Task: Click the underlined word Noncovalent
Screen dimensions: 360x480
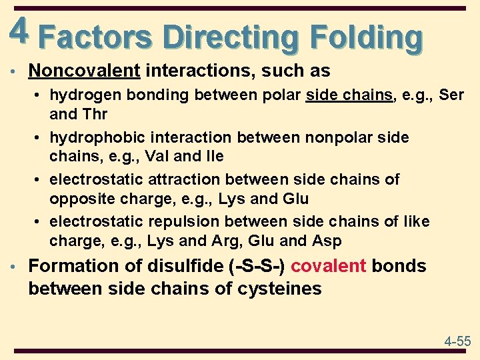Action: pyautogui.click(x=85, y=71)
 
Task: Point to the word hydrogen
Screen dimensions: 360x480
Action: pyautogui.click(x=81, y=95)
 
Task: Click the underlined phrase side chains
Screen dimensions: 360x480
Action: pyautogui.click(x=349, y=95)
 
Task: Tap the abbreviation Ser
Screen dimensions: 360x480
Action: pyautogui.click(x=451, y=95)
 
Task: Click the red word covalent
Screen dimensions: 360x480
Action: pyautogui.click(x=328, y=266)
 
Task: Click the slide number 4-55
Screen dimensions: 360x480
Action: pyautogui.click(x=457, y=341)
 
